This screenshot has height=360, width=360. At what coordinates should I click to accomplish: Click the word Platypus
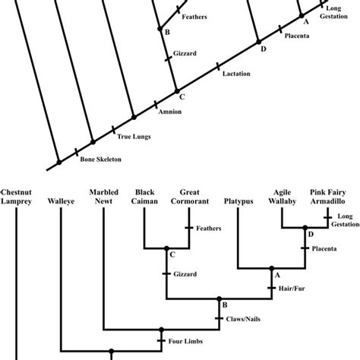pyautogui.click(x=239, y=203)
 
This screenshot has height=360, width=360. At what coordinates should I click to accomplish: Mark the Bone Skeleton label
pyautogui.click(x=99, y=159)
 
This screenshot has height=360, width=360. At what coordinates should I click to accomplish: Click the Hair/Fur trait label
pyautogui.click(x=293, y=289)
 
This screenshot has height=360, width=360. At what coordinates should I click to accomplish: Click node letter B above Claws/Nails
pyautogui.click(x=225, y=306)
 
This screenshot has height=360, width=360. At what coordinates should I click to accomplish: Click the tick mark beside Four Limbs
pyautogui.click(x=161, y=341)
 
